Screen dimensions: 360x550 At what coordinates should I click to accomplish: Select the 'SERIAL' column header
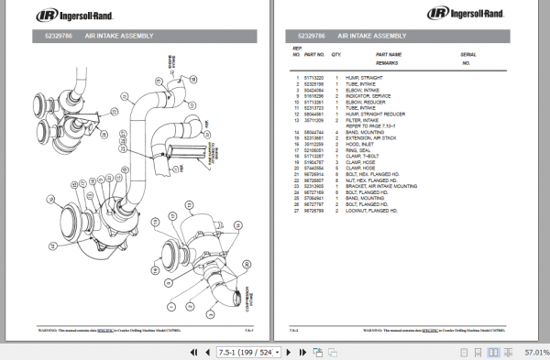[468, 54]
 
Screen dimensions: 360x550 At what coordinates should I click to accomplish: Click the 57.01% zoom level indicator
[535, 351]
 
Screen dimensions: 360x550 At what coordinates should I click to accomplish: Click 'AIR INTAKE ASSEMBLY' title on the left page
[118, 35]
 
